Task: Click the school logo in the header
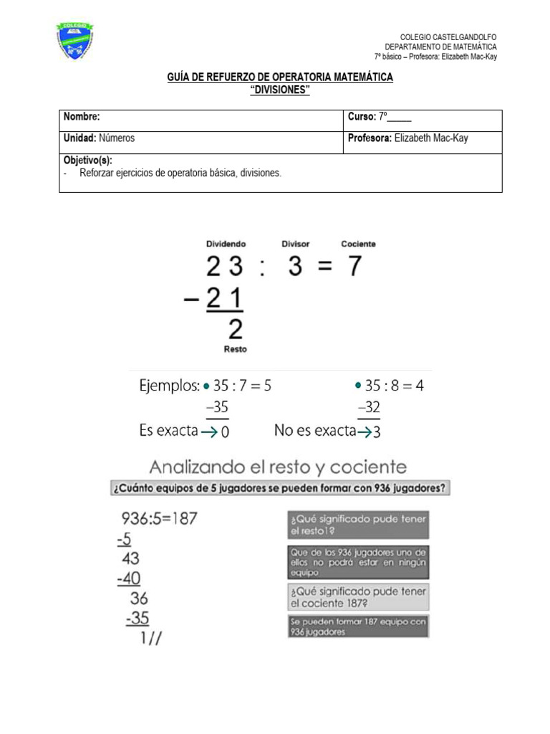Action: pos(75,41)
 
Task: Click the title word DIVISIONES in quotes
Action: pos(280,89)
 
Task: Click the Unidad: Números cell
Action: pos(100,138)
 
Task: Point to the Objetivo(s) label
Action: pos(88,161)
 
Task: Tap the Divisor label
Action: pos(295,244)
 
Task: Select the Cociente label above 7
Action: pos(358,244)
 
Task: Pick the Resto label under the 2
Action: pos(236,350)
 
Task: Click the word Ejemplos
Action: pos(169,386)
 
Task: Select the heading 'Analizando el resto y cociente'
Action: pos(278,467)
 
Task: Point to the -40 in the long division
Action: pos(129,578)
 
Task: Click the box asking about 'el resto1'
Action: pos(357,525)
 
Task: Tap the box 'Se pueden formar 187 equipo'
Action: pos(357,626)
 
